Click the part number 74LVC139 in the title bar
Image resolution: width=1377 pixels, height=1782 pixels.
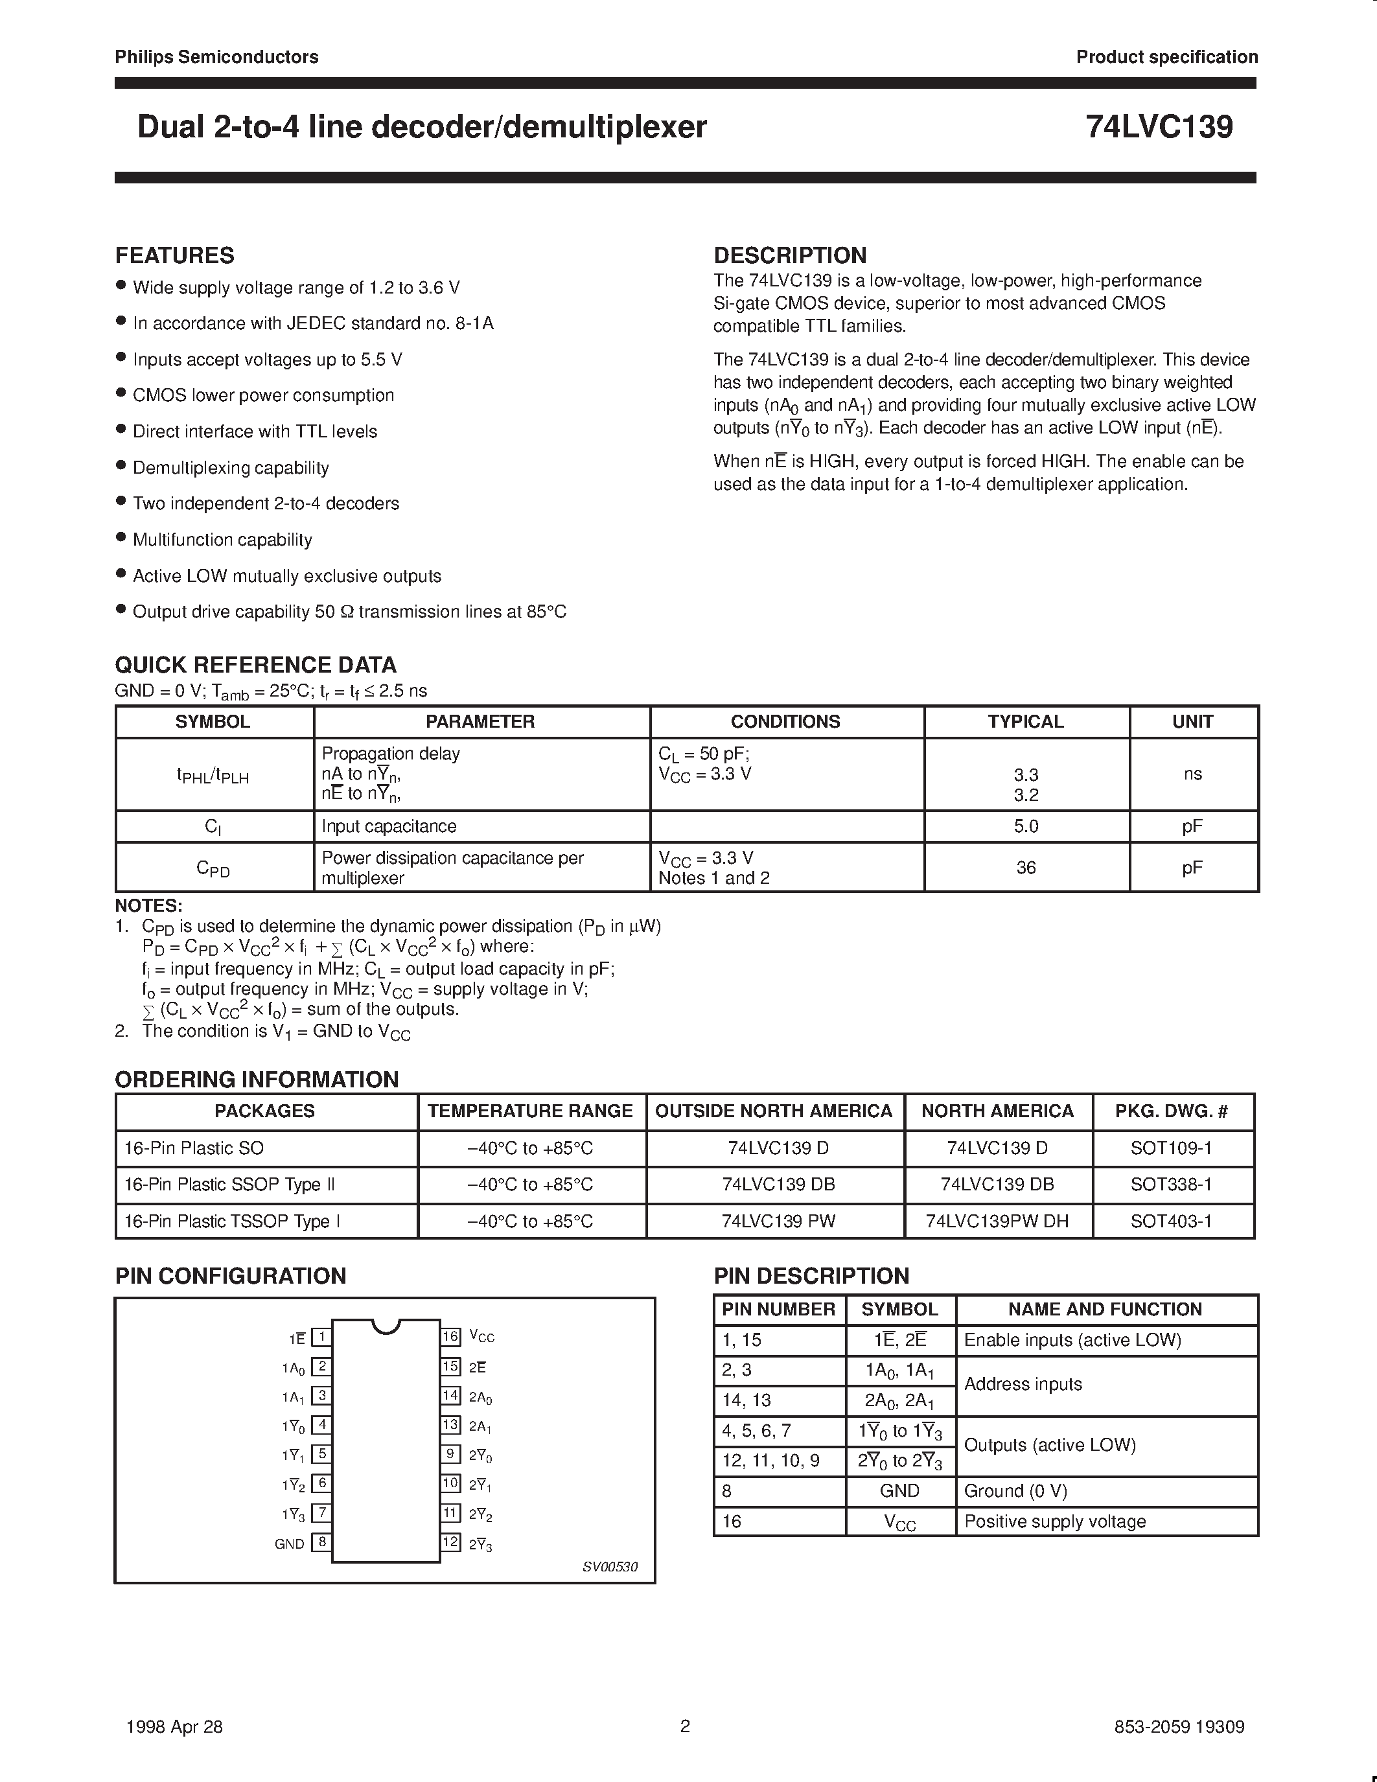point(1159,126)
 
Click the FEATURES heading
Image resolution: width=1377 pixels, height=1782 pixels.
point(174,255)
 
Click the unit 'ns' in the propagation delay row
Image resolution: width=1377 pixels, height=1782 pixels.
point(1192,774)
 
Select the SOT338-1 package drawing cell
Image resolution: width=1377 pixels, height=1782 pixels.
point(1171,1184)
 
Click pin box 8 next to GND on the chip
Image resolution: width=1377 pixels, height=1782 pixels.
point(322,1542)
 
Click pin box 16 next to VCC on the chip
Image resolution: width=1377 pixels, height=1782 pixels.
point(450,1336)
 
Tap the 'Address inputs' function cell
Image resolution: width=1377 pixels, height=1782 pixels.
point(1023,1384)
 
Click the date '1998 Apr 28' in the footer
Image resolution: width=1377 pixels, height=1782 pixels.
point(174,1726)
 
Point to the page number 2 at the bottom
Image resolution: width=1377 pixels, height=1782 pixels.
point(685,1726)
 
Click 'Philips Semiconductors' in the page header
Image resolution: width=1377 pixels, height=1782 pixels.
point(216,56)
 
